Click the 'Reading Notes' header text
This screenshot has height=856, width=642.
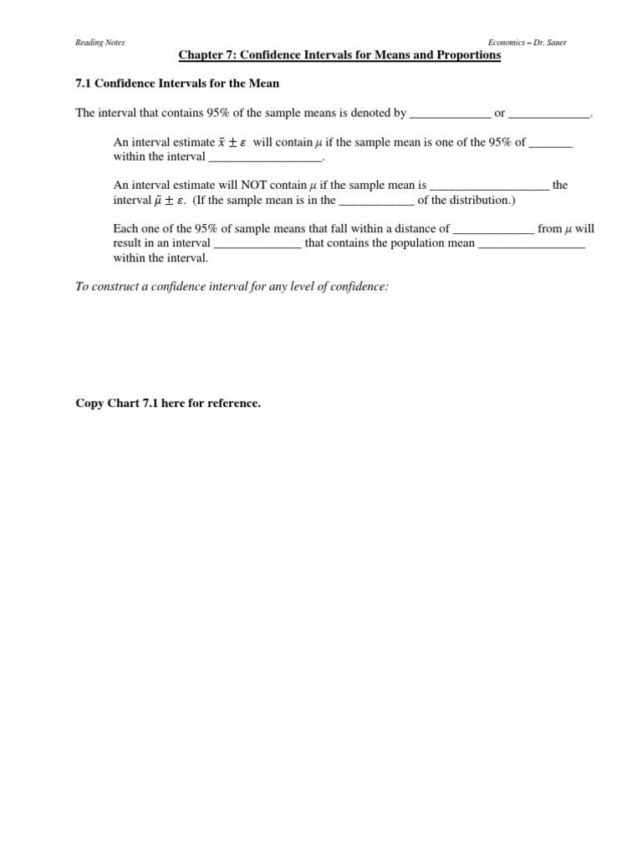(x=94, y=43)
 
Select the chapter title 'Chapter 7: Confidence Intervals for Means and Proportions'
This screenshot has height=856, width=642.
(x=339, y=55)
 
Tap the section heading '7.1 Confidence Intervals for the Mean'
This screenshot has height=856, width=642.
(x=177, y=84)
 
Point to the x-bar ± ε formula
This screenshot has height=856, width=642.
(x=232, y=143)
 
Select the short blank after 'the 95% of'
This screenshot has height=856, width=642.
(x=551, y=143)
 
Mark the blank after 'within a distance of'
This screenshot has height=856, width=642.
(x=492, y=229)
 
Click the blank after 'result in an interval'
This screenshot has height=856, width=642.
(x=258, y=244)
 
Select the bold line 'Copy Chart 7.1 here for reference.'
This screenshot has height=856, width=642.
(x=168, y=404)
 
